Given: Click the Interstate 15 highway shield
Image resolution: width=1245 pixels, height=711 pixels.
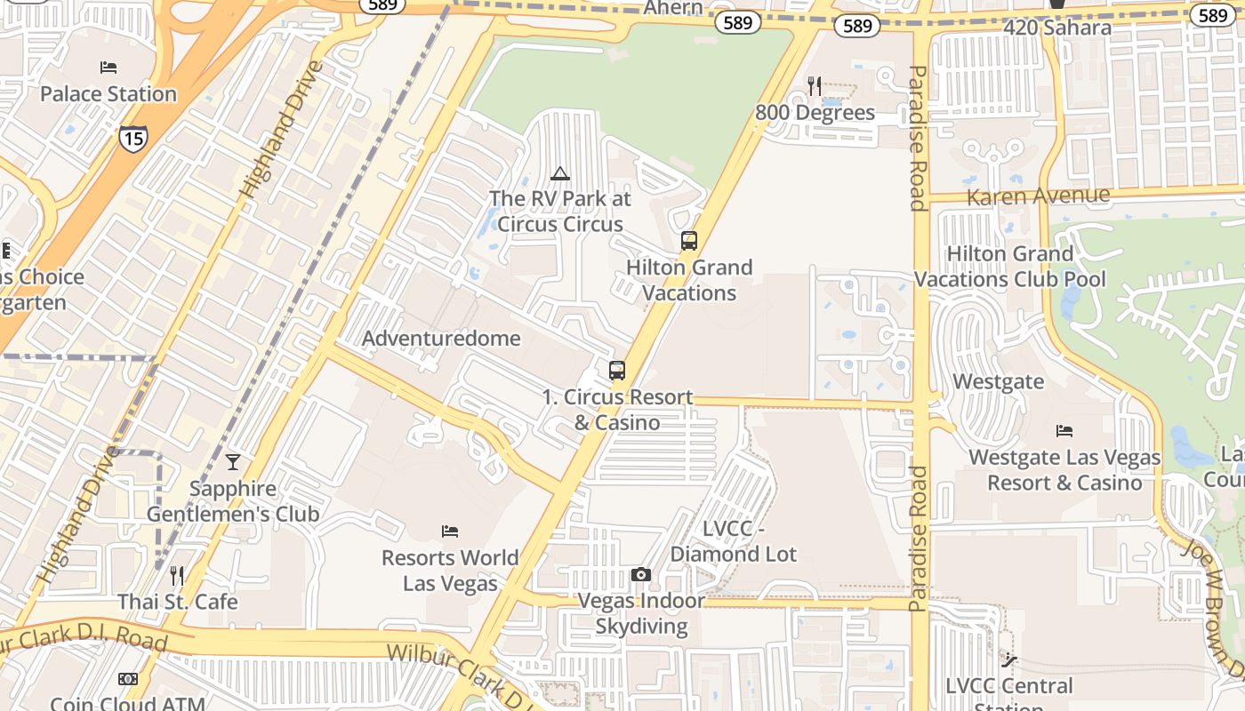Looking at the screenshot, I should tap(133, 138).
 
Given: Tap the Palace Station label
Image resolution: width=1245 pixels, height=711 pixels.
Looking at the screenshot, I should tap(108, 94).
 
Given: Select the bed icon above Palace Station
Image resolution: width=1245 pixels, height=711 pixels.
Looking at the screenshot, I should tap(108, 68).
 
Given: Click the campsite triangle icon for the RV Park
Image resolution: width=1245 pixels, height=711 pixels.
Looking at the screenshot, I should tap(559, 173).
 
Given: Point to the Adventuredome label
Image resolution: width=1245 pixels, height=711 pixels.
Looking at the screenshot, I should tap(441, 339).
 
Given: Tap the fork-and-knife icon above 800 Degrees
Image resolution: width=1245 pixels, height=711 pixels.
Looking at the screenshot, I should tap(815, 85).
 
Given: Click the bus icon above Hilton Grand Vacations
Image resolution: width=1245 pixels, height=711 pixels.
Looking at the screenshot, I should tap(688, 241).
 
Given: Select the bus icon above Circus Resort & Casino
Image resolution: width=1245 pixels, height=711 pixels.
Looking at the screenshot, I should tap(616, 371).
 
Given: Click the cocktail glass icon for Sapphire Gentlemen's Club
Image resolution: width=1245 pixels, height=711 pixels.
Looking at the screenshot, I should tap(233, 462).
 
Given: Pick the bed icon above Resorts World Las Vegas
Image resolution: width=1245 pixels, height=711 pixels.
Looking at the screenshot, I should tap(450, 531).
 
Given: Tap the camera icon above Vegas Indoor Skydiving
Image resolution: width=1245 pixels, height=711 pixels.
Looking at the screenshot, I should tap(640, 575).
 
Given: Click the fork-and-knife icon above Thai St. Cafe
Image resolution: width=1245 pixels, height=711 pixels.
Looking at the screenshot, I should tap(177, 576).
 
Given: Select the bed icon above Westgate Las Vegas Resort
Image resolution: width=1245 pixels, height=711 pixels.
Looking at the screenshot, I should tap(1064, 431).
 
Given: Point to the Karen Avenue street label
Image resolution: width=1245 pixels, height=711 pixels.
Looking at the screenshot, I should tap(1038, 196).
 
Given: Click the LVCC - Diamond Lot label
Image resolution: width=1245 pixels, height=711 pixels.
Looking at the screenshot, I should tap(734, 541).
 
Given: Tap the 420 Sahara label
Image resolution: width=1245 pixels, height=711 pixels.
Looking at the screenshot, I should tap(1057, 28).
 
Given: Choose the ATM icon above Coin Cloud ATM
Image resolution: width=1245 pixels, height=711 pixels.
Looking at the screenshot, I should tap(128, 679).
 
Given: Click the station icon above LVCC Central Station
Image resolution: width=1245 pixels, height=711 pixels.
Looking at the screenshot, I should tap(1009, 660).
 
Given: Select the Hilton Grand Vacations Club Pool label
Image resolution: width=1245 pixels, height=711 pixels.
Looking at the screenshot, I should tap(1010, 267).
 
